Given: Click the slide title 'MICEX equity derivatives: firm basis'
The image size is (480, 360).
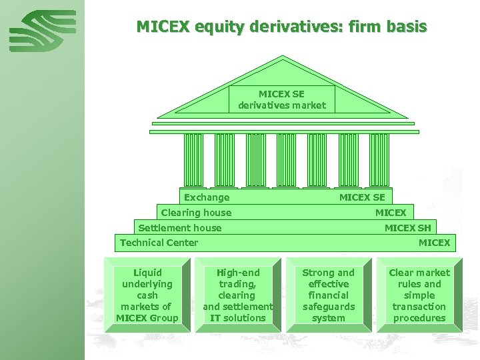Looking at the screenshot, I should [x=281, y=27].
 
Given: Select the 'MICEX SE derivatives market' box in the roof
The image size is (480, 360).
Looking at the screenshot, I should [x=282, y=99].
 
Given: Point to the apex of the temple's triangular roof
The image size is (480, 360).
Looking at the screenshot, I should [x=283, y=58].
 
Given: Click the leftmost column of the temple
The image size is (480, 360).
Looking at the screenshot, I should [x=193, y=160].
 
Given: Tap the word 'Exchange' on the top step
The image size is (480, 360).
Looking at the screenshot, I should [x=207, y=197].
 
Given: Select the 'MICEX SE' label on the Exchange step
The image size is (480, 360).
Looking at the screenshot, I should [x=362, y=197].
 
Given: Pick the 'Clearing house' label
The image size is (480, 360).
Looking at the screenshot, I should [x=196, y=213].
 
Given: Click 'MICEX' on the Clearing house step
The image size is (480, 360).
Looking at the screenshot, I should [x=391, y=213].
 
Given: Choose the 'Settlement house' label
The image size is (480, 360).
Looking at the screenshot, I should [x=180, y=228].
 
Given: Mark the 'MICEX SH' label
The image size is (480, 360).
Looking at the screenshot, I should [x=407, y=228].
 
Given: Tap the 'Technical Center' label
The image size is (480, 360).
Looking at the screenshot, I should [x=159, y=243].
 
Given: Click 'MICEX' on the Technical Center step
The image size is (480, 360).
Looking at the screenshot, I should [x=434, y=243].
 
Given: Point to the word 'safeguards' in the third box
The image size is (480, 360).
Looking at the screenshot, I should [x=329, y=307].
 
